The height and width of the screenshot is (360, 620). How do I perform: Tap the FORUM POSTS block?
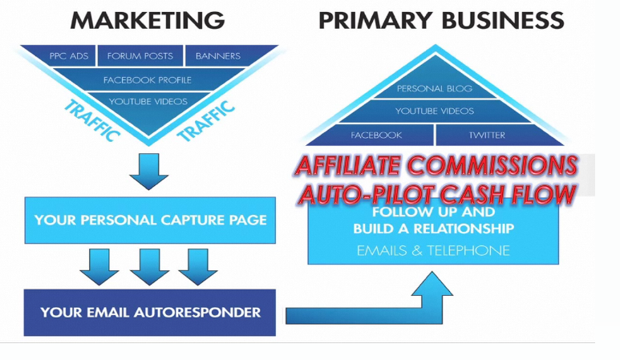click(140, 56)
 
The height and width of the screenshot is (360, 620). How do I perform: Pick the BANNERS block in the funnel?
click(217, 56)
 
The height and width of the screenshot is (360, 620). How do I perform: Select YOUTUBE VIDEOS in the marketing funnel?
click(148, 102)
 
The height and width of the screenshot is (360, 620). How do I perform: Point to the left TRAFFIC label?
click(91, 120)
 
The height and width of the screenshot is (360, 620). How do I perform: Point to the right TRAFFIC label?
click(206, 120)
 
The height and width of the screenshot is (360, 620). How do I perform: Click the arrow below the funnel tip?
click(148, 170)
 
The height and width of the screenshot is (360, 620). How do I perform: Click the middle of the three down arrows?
click(148, 266)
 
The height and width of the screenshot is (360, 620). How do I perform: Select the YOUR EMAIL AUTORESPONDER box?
click(150, 312)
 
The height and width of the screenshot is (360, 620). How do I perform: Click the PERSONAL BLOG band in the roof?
click(434, 88)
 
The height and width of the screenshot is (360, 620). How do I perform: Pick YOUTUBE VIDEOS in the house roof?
click(434, 111)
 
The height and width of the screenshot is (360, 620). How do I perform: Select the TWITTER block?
click(487, 136)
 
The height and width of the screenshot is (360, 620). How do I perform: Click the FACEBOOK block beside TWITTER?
click(376, 136)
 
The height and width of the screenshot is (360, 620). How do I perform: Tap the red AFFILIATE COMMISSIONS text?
click(436, 166)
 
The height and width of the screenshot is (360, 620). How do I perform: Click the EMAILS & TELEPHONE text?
click(433, 251)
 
